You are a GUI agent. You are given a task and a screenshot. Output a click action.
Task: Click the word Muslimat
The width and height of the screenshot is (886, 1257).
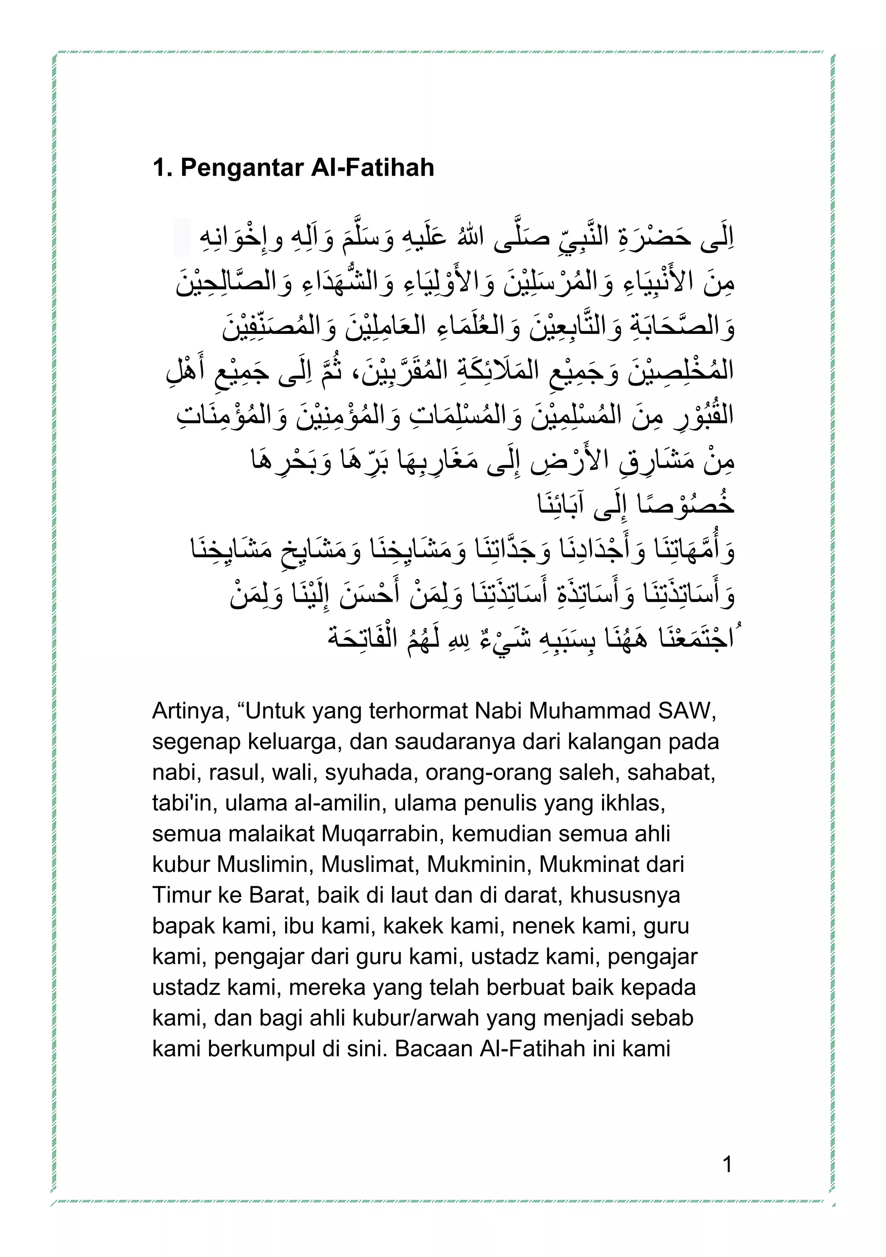click(x=369, y=865)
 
